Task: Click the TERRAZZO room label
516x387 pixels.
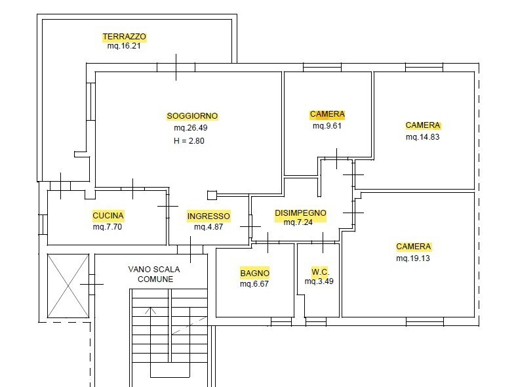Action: pyautogui.click(x=124, y=37)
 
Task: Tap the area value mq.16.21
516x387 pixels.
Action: pyautogui.click(x=124, y=47)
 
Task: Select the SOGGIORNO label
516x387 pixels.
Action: pyautogui.click(x=192, y=116)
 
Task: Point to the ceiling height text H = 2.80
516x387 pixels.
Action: pyautogui.click(x=189, y=140)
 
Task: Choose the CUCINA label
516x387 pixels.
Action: pyautogui.click(x=108, y=215)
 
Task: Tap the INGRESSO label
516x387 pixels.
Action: pyautogui.click(x=208, y=216)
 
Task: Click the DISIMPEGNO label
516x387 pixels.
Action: pyautogui.click(x=300, y=213)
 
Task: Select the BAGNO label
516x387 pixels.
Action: pyautogui.click(x=254, y=273)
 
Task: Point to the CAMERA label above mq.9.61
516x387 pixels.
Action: pyautogui.click(x=327, y=114)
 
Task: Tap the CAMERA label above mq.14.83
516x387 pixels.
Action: pyautogui.click(x=423, y=125)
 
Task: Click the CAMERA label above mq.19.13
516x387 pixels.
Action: pyautogui.click(x=414, y=247)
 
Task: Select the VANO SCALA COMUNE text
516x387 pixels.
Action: pyautogui.click(x=155, y=274)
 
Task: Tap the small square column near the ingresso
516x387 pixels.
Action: pyautogui.click(x=211, y=195)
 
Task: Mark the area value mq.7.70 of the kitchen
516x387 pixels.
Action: pyautogui.click(x=108, y=227)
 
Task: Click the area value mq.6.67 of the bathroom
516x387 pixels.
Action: pyautogui.click(x=254, y=284)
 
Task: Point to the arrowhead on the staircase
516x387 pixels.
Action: pyautogui.click(x=153, y=310)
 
